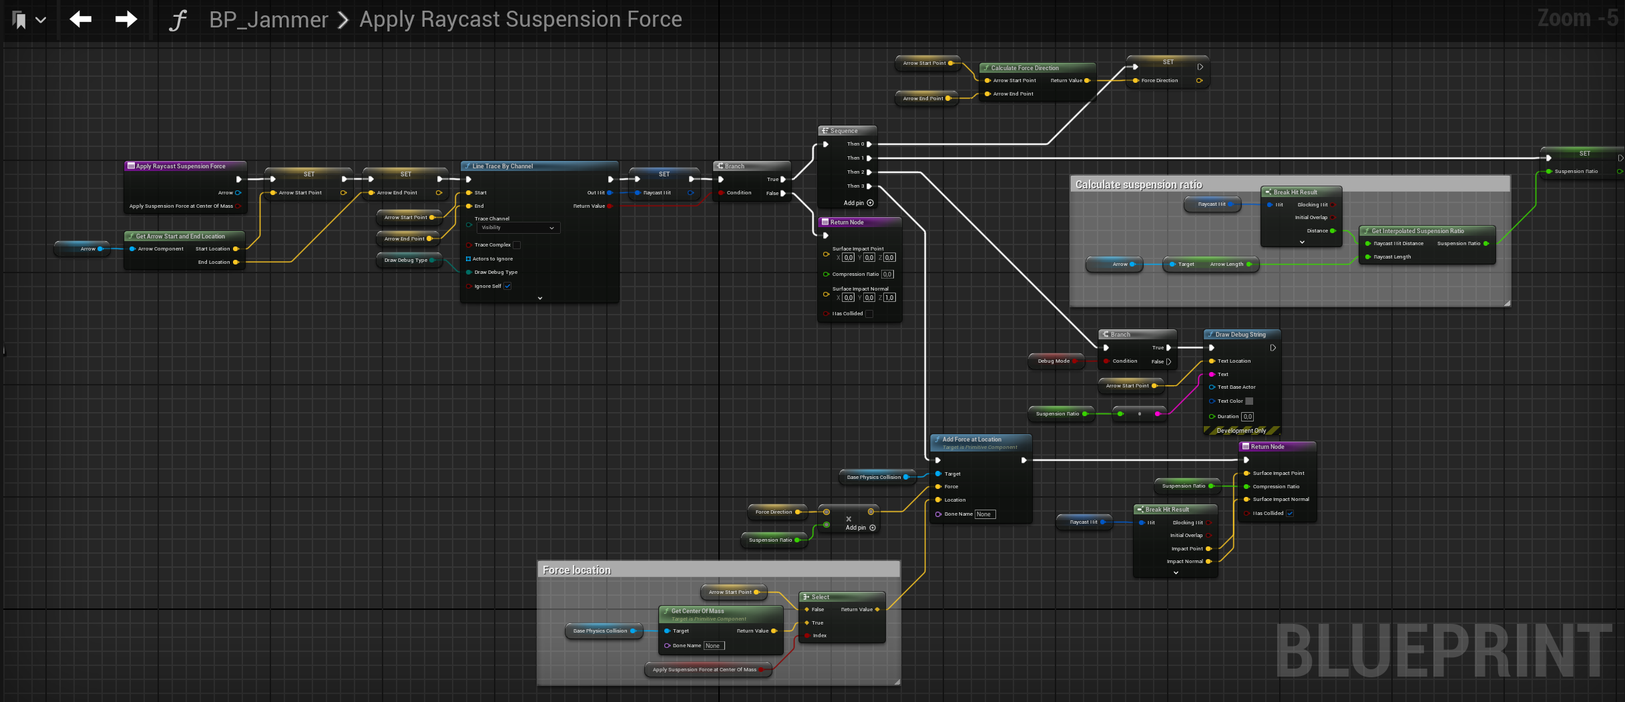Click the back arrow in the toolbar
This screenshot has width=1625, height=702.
[81, 19]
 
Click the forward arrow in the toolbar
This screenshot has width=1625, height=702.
[126, 19]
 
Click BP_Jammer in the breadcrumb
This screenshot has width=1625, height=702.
[268, 19]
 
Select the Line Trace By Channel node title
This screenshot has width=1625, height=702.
[502, 166]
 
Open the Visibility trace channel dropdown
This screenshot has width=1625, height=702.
[518, 228]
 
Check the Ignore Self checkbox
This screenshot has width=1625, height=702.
[507, 286]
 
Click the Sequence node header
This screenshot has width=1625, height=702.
[844, 131]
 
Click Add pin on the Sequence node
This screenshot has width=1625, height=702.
[858, 203]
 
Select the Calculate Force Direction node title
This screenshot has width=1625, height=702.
[1025, 68]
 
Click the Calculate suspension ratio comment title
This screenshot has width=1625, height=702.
[1138, 185]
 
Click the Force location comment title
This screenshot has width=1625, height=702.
[576, 570]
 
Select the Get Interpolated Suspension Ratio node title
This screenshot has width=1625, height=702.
[1417, 231]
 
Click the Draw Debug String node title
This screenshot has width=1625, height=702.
[1240, 335]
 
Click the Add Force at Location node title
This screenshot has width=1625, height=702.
[971, 440]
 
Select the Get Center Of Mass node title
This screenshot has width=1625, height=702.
[697, 611]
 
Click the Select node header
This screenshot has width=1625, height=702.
[821, 597]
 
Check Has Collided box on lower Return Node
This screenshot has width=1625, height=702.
[1290, 513]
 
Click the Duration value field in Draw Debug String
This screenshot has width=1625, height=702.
[1247, 417]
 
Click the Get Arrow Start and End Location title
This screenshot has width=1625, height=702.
[180, 236]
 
